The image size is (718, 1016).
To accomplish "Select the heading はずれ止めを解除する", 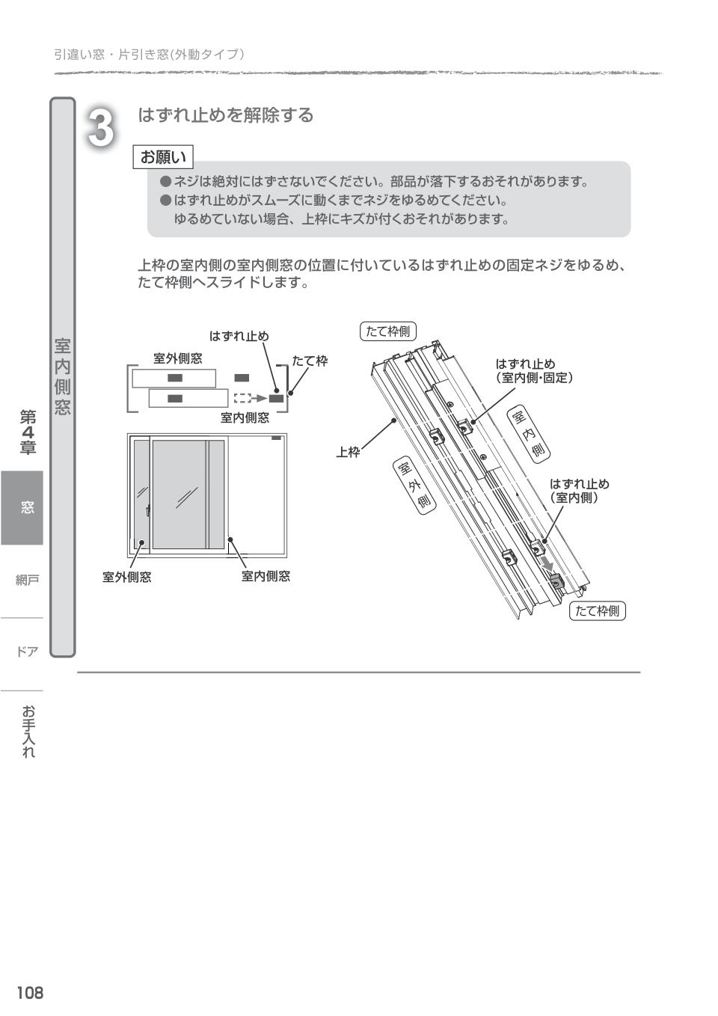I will click(x=225, y=115).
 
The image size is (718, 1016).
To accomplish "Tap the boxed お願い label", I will click(x=163, y=157).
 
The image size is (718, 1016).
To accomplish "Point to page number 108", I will click(x=30, y=992).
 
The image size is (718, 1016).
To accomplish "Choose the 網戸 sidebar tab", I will click(x=27, y=580).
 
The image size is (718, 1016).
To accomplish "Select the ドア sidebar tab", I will click(x=27, y=652).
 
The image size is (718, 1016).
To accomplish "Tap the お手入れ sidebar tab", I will click(x=28, y=731).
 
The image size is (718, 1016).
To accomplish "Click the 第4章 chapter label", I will click(x=28, y=432).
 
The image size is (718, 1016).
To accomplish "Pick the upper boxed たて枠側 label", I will click(x=388, y=331).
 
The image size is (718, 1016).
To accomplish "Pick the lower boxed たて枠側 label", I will click(x=598, y=610).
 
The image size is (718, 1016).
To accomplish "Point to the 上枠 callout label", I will click(x=348, y=452).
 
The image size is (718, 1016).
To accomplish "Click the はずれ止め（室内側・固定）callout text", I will click(x=533, y=371).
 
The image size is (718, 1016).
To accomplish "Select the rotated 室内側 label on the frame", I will click(x=530, y=433).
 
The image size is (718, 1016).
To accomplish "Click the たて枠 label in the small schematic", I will click(x=310, y=361).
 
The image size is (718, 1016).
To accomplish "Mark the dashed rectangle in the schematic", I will click(x=242, y=399).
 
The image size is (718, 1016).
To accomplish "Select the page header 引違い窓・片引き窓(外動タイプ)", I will click(x=150, y=55).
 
